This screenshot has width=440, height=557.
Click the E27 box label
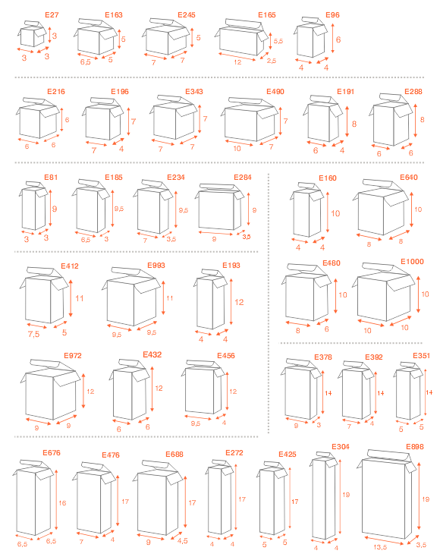[x=52, y=15]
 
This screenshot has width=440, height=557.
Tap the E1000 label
[x=412, y=262]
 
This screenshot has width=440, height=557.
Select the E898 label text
[x=415, y=447]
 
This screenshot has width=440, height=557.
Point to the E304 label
[x=340, y=447]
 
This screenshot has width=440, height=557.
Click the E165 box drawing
[x=241, y=38]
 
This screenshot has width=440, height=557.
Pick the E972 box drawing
[x=50, y=389]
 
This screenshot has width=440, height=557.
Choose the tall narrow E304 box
[x=324, y=496]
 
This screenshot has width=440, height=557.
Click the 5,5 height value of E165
[x=278, y=41]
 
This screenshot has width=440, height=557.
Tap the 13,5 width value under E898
[x=380, y=547]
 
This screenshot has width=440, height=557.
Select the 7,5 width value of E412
[x=33, y=334]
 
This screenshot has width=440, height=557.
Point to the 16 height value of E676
[x=62, y=503]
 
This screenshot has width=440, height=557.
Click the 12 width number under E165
[x=237, y=62]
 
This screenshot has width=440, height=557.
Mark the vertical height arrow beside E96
[x=333, y=39]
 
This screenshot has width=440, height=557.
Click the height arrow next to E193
[x=231, y=302]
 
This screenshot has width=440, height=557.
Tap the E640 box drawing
[x=381, y=207]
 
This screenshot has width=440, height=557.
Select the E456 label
[x=226, y=356]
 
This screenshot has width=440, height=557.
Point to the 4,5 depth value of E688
[x=183, y=541]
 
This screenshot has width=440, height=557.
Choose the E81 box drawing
[x=33, y=206]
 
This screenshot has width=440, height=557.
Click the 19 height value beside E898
[x=426, y=499]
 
